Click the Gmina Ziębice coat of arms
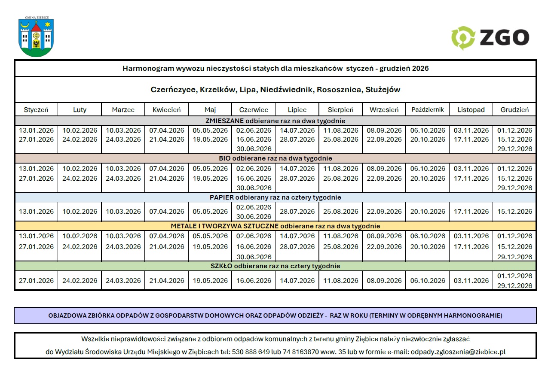pos(36,38)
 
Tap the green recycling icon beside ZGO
pos(463,38)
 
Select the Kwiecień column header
pos(167,110)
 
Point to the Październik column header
pos(427,109)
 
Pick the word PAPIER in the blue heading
pos(221,197)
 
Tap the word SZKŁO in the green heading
pos(221,266)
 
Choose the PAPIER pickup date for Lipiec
pos(297,212)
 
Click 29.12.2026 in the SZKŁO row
pos(514,286)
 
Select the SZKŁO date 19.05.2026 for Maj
pos(210,281)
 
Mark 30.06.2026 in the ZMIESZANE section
pos(254,149)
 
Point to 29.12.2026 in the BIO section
pos(514,188)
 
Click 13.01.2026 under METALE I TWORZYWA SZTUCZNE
pos(37,236)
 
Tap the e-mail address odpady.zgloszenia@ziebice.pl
pos(458,352)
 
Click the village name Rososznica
pos(339,90)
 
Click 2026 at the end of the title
pos(420,68)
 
